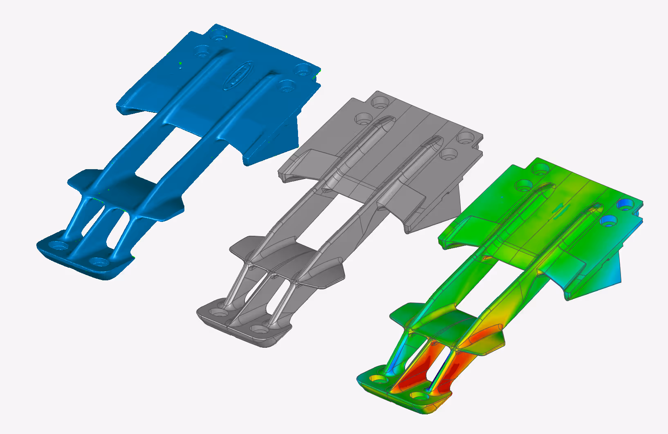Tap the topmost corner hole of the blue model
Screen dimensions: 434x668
click(x=220, y=33)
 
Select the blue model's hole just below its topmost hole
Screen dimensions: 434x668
click(x=202, y=52)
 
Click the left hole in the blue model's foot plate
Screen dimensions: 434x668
click(x=59, y=246)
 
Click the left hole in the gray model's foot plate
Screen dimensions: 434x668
click(x=218, y=313)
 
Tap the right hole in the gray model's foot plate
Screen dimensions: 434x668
click(x=258, y=328)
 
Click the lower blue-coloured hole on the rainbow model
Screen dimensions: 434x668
click(x=609, y=221)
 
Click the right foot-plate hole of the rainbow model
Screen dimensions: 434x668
click(x=419, y=395)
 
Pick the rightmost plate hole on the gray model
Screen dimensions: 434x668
click(x=465, y=138)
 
